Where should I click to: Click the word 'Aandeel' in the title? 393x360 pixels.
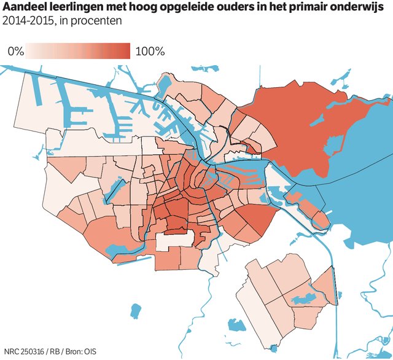[x=25, y=7]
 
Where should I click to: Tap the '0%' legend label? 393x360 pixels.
[x=16, y=51]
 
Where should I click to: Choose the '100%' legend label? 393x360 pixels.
[x=150, y=51]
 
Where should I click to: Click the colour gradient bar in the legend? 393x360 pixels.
[x=78, y=51]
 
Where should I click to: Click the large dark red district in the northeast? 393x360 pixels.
[x=289, y=123]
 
